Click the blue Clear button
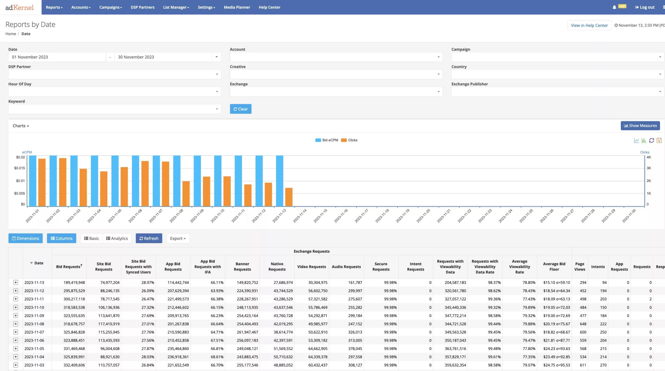pyautogui.click(x=240, y=109)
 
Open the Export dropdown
pyautogui.click(x=178, y=238)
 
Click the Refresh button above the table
pyautogui.click(x=149, y=238)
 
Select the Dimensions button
pyautogui.click(x=25, y=238)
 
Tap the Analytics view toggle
pyautogui.click(x=117, y=238)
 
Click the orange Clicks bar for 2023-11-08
pyautogui.click(x=186, y=194)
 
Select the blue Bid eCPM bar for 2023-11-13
pyautogui.click(x=280, y=181)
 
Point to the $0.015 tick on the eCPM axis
pyautogui.click(x=20, y=168)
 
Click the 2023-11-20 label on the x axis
pyautogui.click(x=423, y=216)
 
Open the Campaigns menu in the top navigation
pyautogui.click(x=110, y=7)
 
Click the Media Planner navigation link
pyautogui.click(x=237, y=7)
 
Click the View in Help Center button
pyautogui.click(x=589, y=25)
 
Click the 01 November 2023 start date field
pyautogui.click(x=57, y=57)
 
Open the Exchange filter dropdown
pyautogui.click(x=336, y=91)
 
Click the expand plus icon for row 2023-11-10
pyautogui.click(x=16, y=307)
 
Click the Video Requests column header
pyautogui.click(x=311, y=267)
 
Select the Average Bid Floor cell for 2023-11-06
pyautogui.click(x=556, y=340)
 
